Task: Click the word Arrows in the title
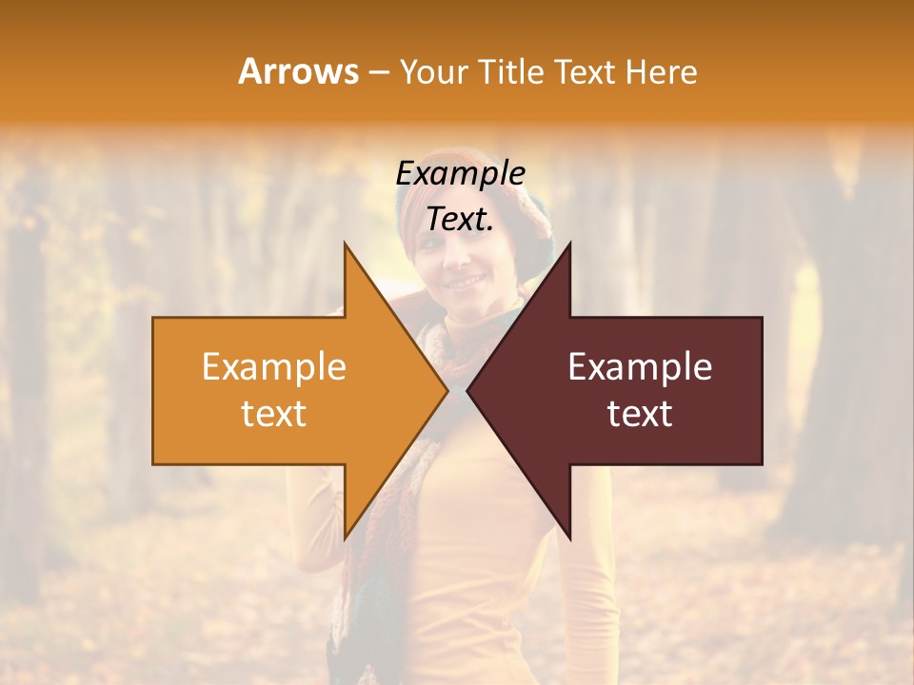[x=298, y=71]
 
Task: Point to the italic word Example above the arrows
[x=461, y=173]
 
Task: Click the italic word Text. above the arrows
[x=461, y=219]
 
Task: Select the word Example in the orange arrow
[x=274, y=366]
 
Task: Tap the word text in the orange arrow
[x=274, y=413]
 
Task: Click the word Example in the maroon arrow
[x=640, y=366]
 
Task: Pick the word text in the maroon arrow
[x=640, y=413]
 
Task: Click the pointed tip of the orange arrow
[x=446, y=390]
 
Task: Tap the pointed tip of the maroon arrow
[x=469, y=390]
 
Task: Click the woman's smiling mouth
[x=465, y=282]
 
